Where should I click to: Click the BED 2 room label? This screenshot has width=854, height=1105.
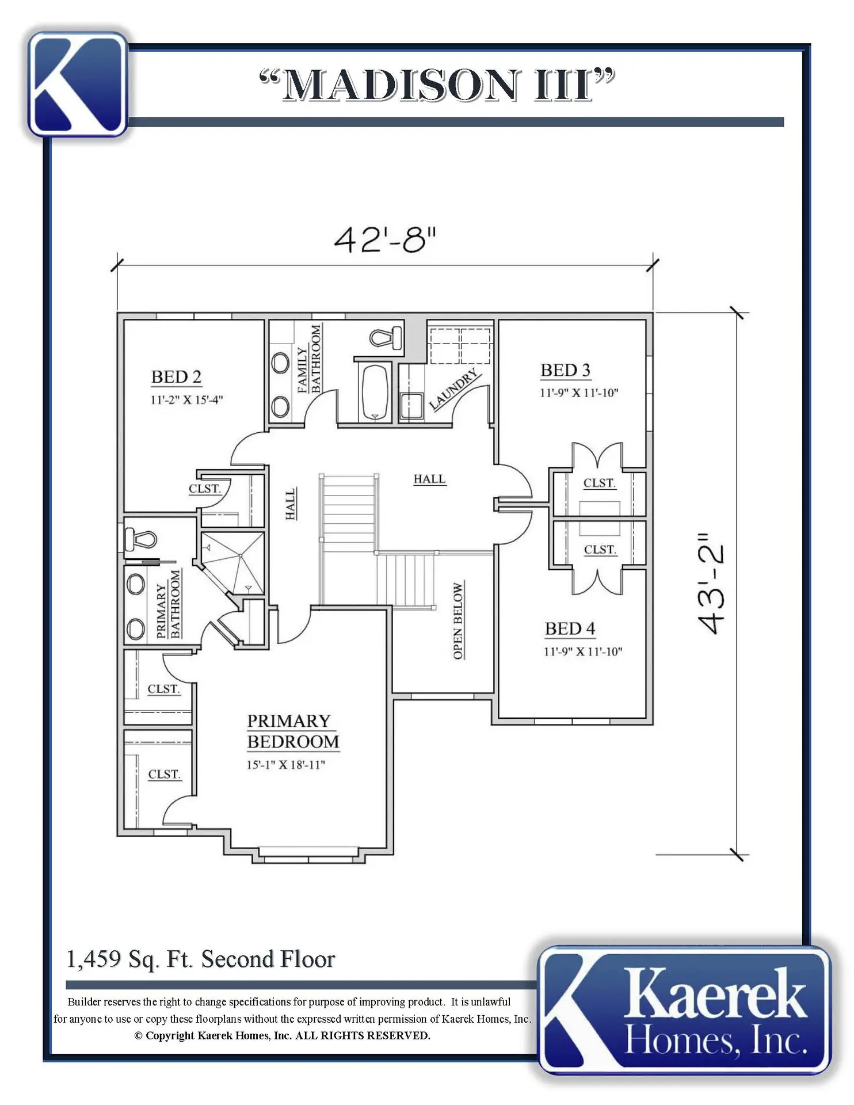176,377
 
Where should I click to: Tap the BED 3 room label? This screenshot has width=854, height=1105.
565,371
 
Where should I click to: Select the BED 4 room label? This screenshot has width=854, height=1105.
570,628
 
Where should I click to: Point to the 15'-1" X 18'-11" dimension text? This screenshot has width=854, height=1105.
286,765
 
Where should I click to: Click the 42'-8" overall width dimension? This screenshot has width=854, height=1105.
385,239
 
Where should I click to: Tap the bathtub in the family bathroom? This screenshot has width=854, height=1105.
375,392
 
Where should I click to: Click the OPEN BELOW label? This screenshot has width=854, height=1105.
458,621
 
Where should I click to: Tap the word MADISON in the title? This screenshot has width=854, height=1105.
401,86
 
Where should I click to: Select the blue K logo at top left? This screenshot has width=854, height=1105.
78,84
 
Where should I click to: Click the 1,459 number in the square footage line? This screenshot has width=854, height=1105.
94,959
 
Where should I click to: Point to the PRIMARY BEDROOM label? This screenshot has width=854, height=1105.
293,731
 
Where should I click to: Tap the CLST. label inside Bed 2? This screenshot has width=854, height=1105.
205,489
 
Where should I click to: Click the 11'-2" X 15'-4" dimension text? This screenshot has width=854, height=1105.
186,400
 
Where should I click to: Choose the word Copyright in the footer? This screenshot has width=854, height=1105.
170,1035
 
